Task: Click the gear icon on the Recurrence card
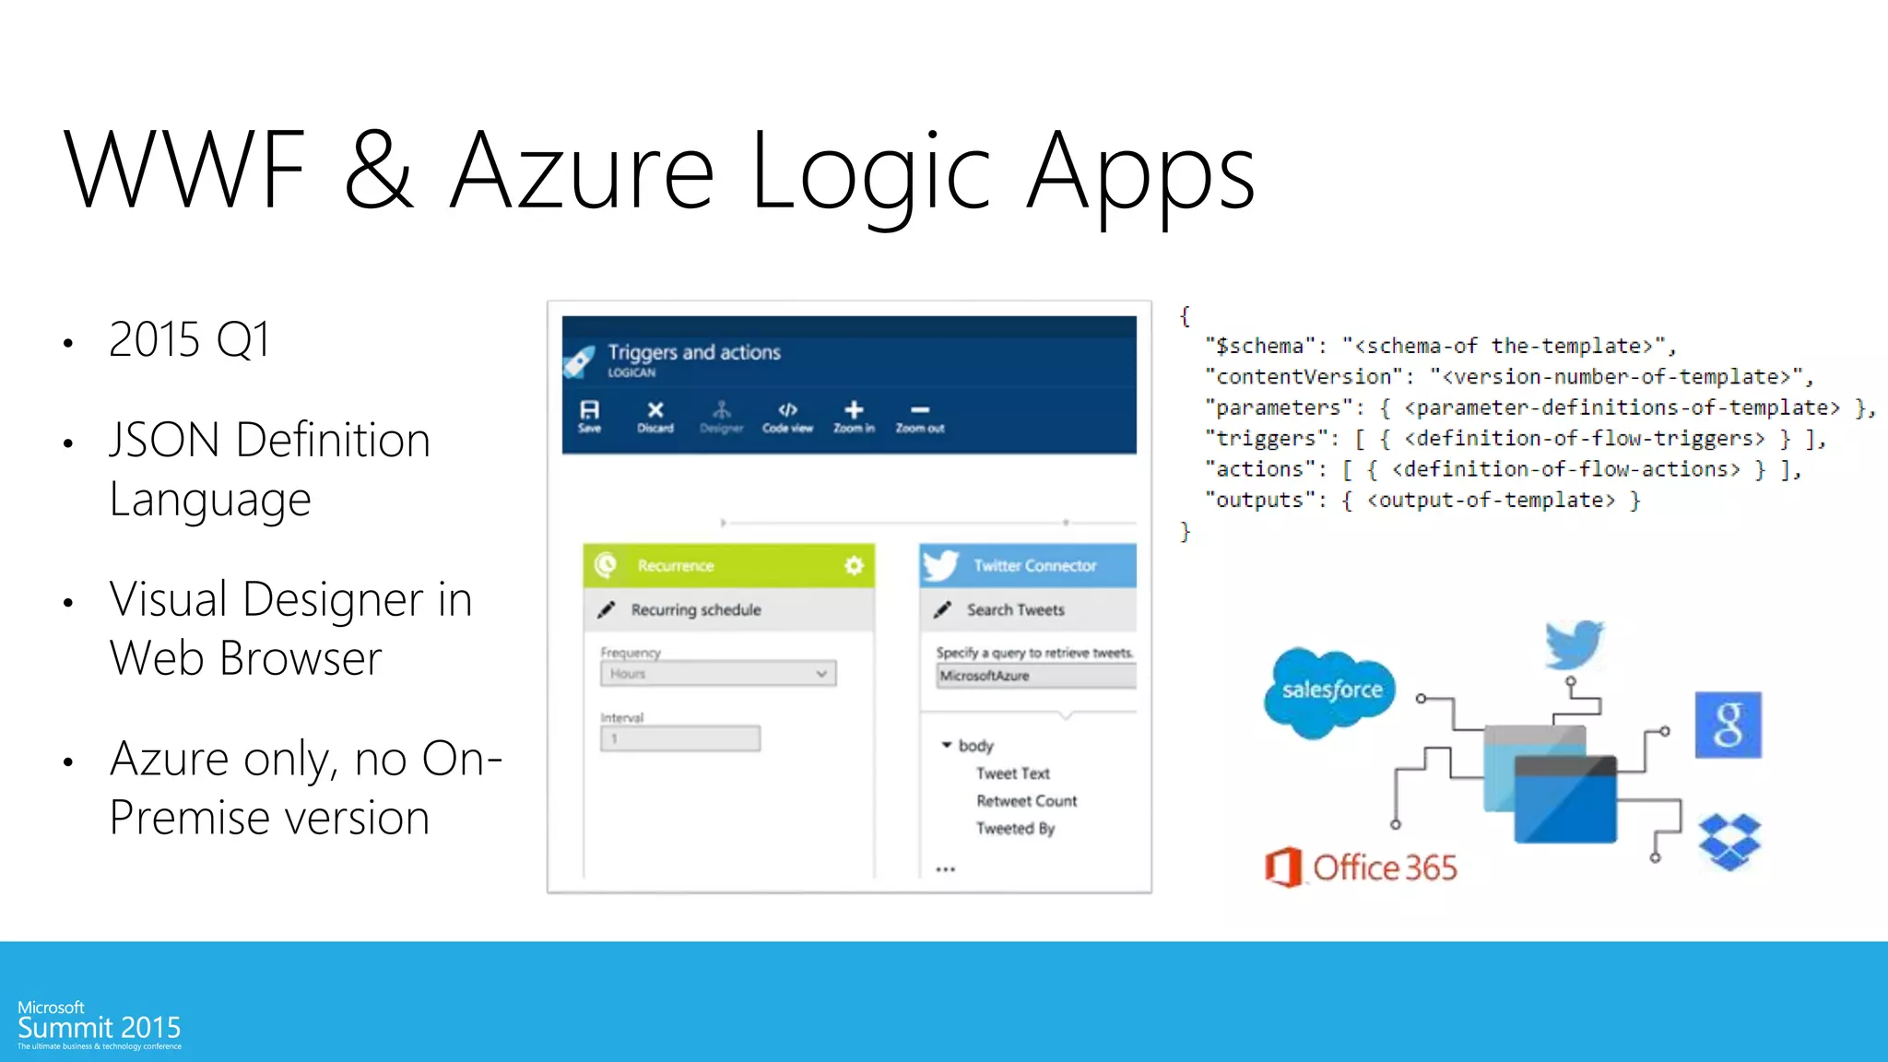854,565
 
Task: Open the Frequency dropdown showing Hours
717,674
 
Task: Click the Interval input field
680,738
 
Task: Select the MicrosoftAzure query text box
1036,676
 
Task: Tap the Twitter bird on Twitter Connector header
941,565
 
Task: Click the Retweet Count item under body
1026,801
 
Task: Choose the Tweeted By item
1015,829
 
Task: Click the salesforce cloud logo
1331,690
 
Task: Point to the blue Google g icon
1728,725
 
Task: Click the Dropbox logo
1729,841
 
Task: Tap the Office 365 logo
1361,867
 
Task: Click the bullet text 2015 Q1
190,339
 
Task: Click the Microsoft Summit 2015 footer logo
99,1025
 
